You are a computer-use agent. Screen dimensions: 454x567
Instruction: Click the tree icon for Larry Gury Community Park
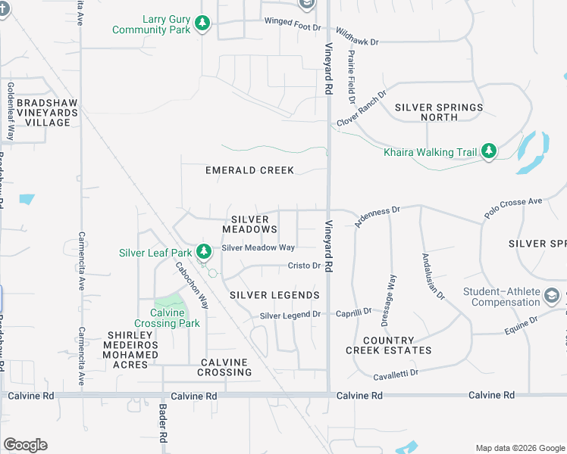[202, 24]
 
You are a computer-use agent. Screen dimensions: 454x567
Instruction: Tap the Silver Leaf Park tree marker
[203, 252]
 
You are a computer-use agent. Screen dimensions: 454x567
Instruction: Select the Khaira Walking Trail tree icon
[490, 152]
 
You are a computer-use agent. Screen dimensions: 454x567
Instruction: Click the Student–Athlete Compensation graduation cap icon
[552, 296]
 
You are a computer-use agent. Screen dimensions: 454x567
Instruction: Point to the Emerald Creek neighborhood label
[249, 170]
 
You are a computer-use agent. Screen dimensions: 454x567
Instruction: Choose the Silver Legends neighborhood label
[274, 295]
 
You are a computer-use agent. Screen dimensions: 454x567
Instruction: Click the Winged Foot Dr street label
[293, 21]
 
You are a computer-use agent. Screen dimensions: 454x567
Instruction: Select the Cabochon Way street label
[192, 285]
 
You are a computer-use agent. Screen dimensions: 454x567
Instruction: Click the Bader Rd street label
[162, 423]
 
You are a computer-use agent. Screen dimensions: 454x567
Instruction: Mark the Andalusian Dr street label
[433, 275]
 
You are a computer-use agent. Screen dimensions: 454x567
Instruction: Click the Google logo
[25, 445]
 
